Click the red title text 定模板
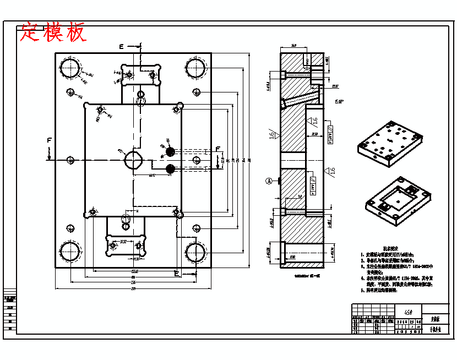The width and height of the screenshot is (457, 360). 53,32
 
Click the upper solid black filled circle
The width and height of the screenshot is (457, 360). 170,151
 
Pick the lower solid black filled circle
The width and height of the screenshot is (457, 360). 170,168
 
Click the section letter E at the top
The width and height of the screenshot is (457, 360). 121,46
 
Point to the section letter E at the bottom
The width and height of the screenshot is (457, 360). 176,273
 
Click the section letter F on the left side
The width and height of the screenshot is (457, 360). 49,141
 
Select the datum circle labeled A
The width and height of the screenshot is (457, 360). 269,180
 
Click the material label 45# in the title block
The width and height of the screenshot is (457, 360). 409,312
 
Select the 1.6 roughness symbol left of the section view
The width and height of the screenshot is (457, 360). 273,136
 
